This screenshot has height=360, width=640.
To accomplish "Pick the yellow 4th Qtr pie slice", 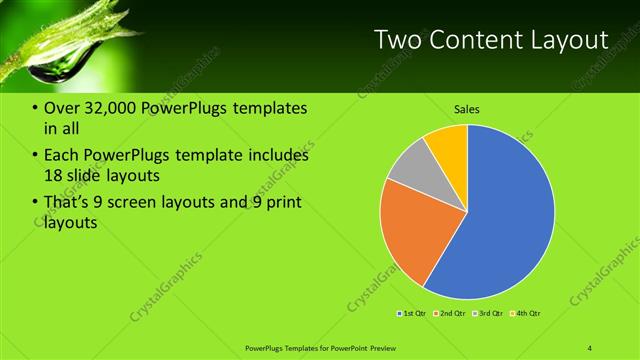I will pos(447,145).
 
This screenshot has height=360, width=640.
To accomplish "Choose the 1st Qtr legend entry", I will pos(412,314).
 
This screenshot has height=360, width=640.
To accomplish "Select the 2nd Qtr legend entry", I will pos(451,314).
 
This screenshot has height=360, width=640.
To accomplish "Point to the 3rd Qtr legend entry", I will pos(488,314).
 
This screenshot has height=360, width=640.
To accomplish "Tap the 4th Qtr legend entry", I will pos(526,314).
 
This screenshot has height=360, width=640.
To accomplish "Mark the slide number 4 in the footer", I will pos(589,347).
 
